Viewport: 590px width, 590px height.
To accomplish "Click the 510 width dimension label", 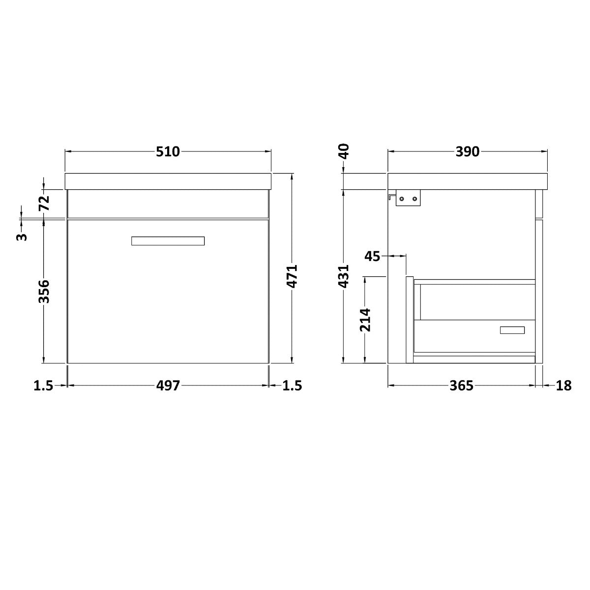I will [168, 152].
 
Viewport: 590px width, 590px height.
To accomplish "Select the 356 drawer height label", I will [44, 292].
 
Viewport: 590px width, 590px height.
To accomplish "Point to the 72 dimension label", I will [44, 203].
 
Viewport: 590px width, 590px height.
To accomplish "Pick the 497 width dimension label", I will [168, 386].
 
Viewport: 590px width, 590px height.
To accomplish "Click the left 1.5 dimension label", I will [43, 386].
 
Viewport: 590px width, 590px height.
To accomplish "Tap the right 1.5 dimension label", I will [292, 386].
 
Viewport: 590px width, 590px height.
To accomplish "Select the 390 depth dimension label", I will [467, 152].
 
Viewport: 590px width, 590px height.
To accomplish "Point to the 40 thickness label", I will [344, 150].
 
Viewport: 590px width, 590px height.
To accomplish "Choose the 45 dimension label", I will [373, 256].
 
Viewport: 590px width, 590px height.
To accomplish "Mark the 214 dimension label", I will [365, 320].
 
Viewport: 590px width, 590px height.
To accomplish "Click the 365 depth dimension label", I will [461, 386].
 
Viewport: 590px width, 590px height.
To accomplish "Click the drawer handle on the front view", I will [168, 241].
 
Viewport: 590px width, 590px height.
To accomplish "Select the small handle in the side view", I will [512, 330].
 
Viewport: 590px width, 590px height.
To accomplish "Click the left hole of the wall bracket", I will [402, 199].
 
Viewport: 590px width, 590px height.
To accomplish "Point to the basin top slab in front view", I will [168, 181].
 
